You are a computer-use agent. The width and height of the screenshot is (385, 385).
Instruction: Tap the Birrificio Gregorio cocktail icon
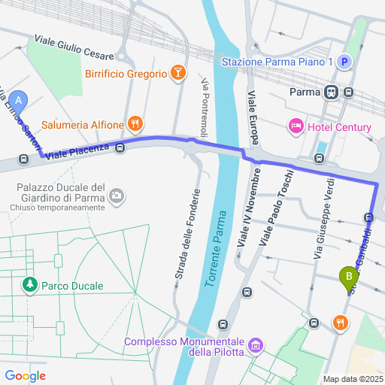click(178, 74)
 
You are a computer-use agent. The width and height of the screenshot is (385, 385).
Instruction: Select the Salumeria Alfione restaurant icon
click(135, 124)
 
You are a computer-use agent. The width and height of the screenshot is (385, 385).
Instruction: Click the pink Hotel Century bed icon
click(296, 126)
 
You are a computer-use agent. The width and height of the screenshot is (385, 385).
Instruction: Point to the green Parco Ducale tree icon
click(30, 286)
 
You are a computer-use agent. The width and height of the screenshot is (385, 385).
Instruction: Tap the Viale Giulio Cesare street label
click(74, 47)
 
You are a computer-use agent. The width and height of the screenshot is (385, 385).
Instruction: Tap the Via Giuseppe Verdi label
click(322, 213)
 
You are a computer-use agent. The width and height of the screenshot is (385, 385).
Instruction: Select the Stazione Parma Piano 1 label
click(277, 63)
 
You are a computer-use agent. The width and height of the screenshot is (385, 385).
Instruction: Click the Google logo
click(25, 376)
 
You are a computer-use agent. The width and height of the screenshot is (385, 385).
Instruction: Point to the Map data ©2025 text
click(353, 379)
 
